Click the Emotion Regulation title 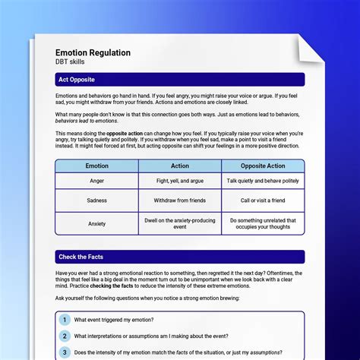click(93, 52)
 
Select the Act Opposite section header click(77, 79)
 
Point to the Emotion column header click(96, 166)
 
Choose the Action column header click(180, 166)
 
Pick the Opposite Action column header click(263, 166)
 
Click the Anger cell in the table click(96, 182)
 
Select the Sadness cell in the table click(96, 201)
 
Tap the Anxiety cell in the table click(96, 223)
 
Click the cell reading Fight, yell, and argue click(180, 182)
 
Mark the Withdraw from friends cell click(180, 201)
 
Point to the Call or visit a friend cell click(263, 201)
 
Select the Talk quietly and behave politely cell click(263, 182)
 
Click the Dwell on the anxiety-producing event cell click(180, 223)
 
